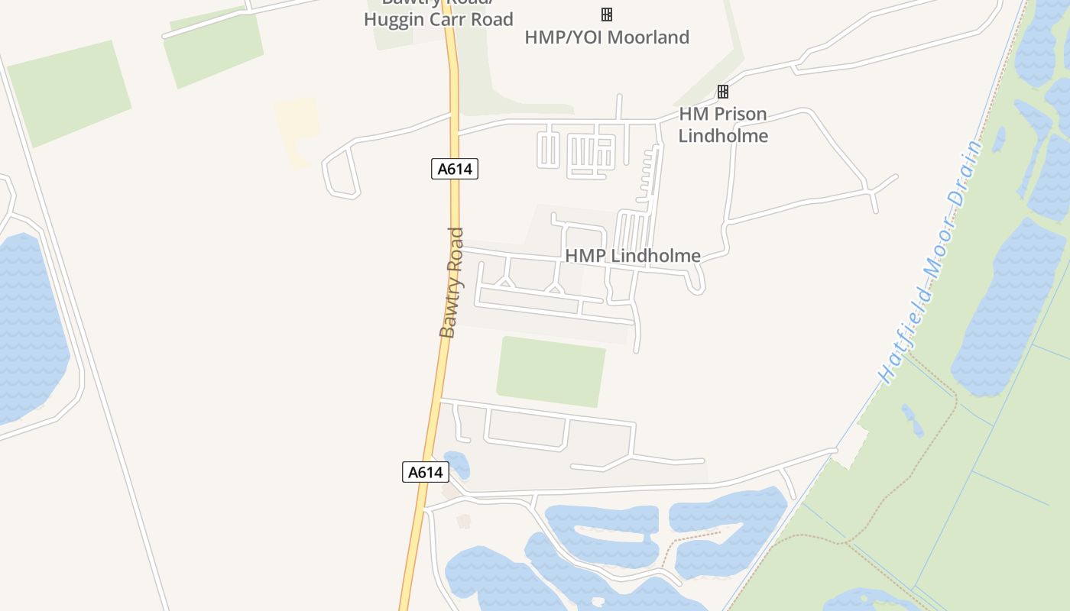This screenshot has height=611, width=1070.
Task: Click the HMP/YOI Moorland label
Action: point(607,37)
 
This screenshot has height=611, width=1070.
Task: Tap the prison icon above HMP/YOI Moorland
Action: point(607,15)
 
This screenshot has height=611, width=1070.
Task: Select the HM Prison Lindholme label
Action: point(723,125)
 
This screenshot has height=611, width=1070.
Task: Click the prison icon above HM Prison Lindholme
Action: point(723,92)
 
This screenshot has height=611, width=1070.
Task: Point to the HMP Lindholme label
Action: point(633,256)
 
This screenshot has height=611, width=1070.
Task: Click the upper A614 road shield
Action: point(455,169)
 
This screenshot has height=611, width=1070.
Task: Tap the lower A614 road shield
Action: point(426,472)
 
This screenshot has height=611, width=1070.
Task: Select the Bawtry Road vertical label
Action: point(452,283)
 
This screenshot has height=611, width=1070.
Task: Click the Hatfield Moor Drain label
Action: point(929,261)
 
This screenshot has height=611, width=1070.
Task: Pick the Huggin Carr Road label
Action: point(438,19)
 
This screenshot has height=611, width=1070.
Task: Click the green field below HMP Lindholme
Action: point(550,372)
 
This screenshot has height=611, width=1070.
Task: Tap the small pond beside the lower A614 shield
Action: point(457,464)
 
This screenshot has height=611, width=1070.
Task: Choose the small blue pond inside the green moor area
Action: point(911,419)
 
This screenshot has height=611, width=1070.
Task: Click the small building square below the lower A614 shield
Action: point(463,521)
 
